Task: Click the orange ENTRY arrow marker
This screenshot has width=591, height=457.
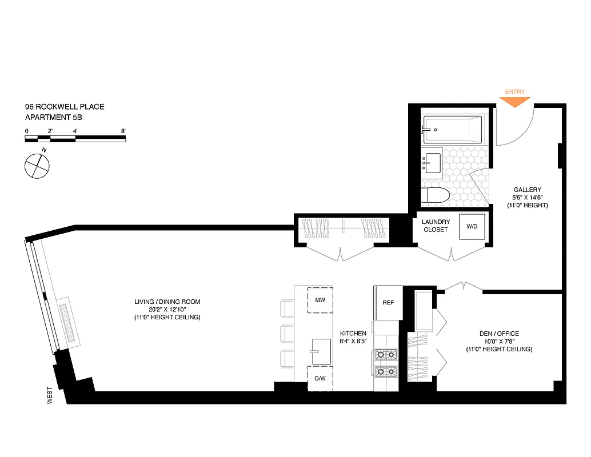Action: click(x=515, y=102)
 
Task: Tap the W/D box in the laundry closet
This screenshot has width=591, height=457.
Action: click(x=472, y=227)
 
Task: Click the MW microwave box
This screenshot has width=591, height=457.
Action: click(x=320, y=300)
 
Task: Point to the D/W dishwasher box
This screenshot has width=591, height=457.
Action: click(x=320, y=378)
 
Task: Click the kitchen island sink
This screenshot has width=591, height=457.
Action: click(x=321, y=348)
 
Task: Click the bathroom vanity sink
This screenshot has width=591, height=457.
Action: click(x=433, y=162)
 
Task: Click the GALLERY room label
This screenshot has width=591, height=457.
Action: click(x=526, y=190)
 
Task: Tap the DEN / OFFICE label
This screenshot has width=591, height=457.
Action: click(x=499, y=334)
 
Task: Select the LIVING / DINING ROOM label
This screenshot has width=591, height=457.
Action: click(x=167, y=302)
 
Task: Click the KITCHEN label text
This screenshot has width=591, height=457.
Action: click(x=353, y=334)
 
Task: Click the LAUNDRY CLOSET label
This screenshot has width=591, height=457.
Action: click(x=436, y=226)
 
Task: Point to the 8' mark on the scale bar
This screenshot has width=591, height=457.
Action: click(x=123, y=131)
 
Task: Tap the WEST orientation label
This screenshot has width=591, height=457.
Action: click(x=50, y=395)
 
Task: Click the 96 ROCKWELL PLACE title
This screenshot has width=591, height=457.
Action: click(x=64, y=107)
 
